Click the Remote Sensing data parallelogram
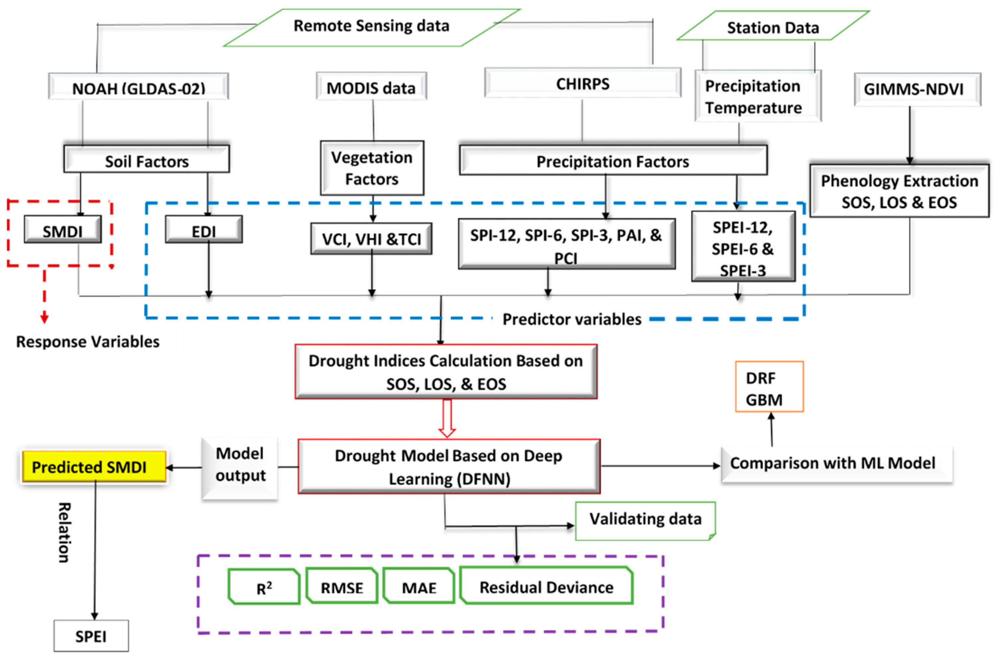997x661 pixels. (x=371, y=26)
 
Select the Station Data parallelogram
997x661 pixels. (x=773, y=27)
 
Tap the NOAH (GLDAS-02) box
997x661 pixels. (x=138, y=87)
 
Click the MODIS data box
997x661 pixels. (x=371, y=87)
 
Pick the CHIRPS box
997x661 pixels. (x=582, y=83)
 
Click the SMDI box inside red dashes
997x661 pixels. (x=62, y=230)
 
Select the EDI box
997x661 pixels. (x=204, y=230)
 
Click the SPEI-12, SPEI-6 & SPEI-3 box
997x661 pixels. (x=743, y=247)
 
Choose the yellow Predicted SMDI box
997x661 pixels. (x=94, y=466)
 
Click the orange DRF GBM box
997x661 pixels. (x=769, y=387)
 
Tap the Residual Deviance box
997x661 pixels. (x=546, y=586)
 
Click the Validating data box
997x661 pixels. (x=645, y=520)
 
